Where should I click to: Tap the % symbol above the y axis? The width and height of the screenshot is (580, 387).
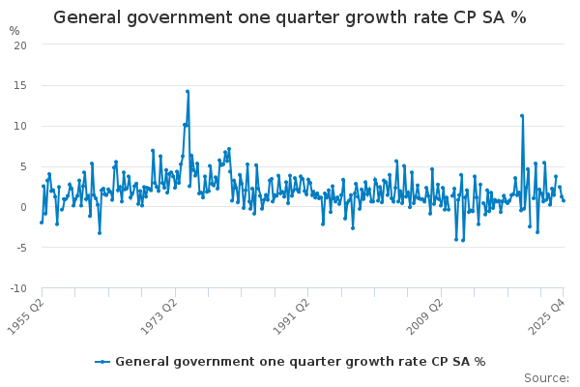click(14, 31)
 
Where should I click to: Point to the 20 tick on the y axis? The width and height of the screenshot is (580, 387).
click(19, 45)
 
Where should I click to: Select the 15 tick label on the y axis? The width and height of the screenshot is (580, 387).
click(19, 85)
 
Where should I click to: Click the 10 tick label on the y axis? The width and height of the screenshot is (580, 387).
click(19, 126)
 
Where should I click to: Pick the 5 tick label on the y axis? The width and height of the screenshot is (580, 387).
click(22, 166)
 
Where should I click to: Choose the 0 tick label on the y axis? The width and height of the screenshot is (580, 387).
click(22, 207)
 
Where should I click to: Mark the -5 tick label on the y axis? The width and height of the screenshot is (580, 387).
click(20, 248)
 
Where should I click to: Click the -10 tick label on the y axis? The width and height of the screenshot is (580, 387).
click(17, 288)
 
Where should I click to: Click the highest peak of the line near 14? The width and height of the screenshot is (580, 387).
click(188, 92)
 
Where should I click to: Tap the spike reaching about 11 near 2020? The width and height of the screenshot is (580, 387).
click(522, 116)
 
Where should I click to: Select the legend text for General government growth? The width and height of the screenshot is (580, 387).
click(300, 362)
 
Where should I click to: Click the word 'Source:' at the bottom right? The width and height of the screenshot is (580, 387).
click(547, 377)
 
